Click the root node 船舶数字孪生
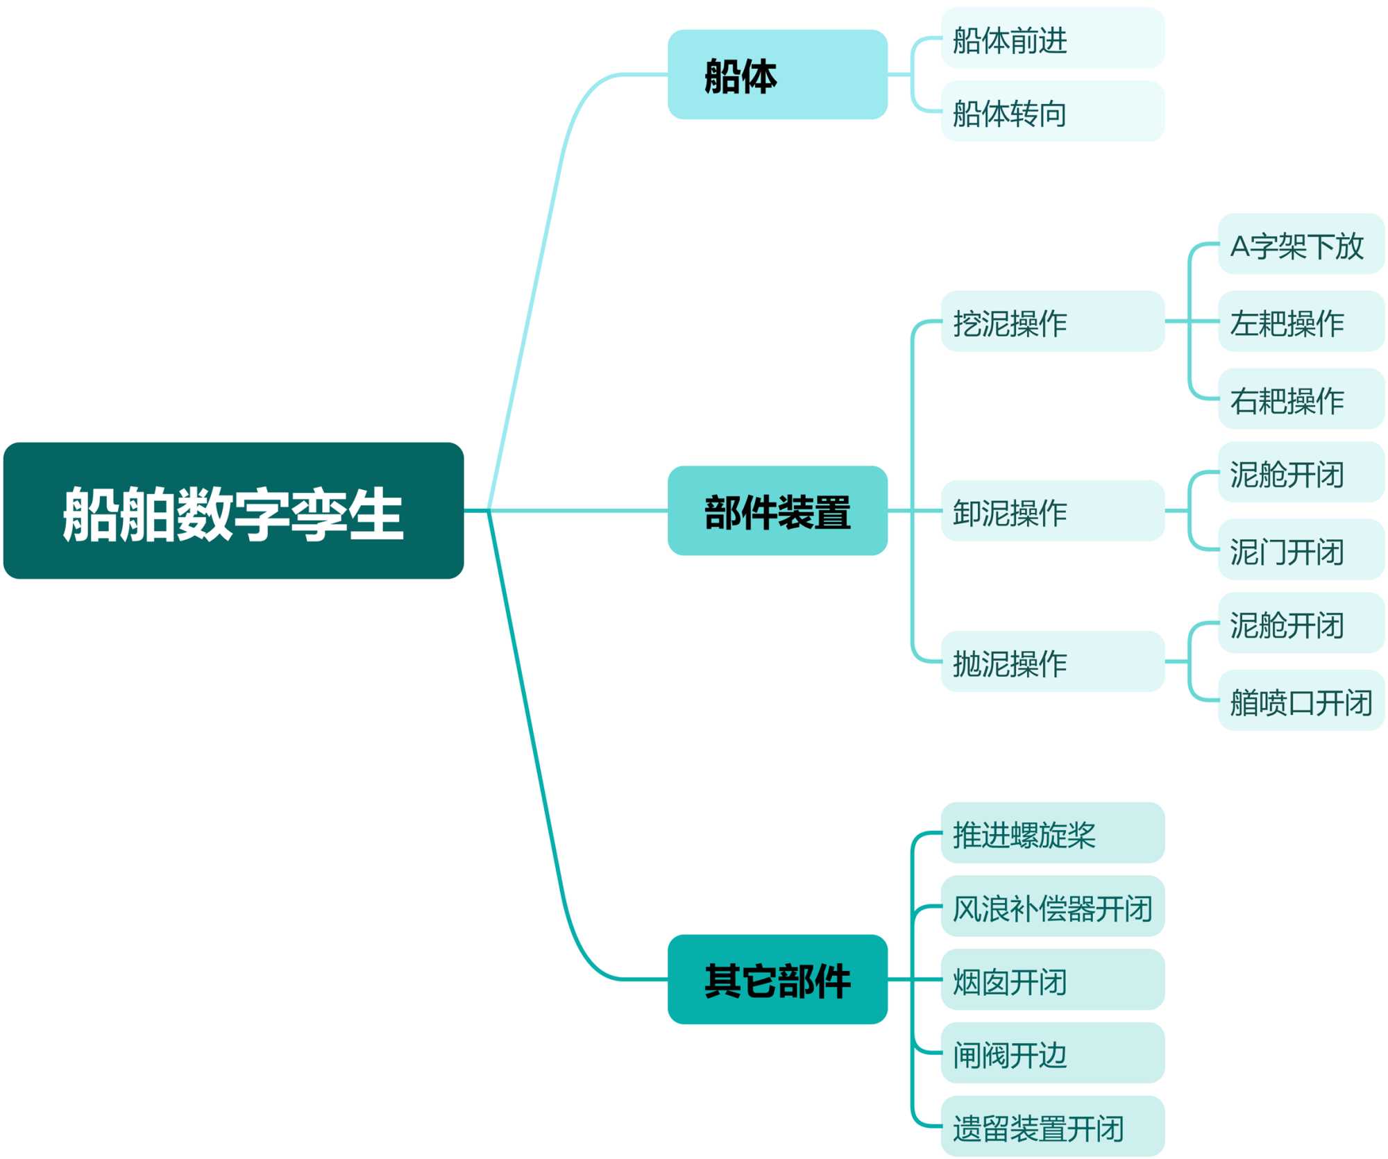[233, 511]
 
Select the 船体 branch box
[777, 74]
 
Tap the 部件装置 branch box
[777, 511]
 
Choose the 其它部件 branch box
[777, 979]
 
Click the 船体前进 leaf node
[1052, 38]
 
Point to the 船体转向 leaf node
[1052, 111]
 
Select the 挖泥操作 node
[1052, 321]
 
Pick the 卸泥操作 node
[1052, 511]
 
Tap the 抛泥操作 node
[1052, 661]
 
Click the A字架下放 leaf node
[1301, 244]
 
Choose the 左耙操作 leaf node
[1301, 321]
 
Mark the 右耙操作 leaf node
[1301, 399]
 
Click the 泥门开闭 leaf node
[1301, 550]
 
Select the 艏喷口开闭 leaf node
[1301, 700]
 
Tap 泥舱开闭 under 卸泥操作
[1301, 472]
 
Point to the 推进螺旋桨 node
[1052, 833]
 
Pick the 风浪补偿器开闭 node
[1052, 906]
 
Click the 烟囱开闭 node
[1052, 979]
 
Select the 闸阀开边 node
[1052, 1053]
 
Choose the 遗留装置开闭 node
[1052, 1126]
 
